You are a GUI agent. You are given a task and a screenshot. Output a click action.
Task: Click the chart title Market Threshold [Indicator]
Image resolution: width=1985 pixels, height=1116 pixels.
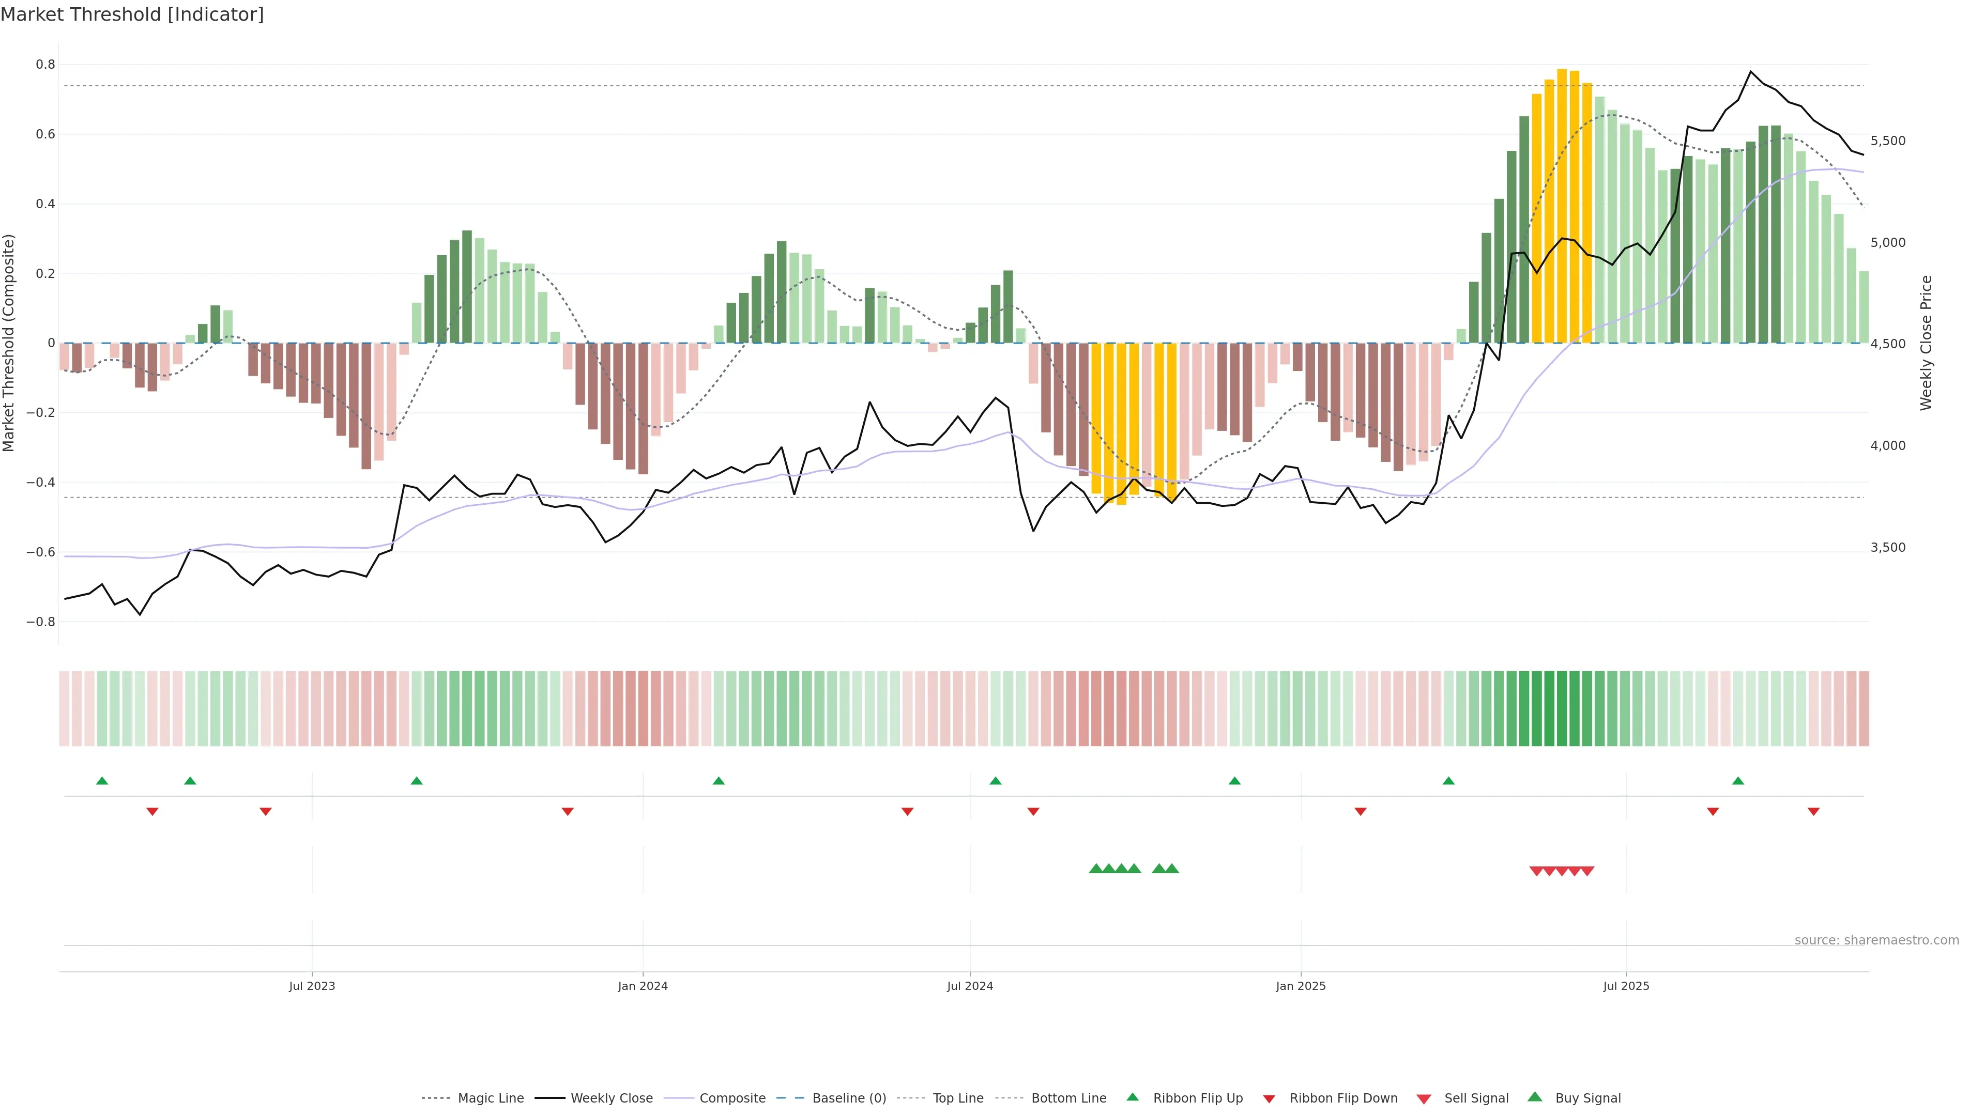click(x=132, y=14)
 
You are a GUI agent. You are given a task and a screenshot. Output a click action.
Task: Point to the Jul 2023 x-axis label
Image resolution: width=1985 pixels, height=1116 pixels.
click(x=312, y=986)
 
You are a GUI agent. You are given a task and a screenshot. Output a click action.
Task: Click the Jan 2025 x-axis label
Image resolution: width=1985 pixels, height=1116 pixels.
click(x=1301, y=986)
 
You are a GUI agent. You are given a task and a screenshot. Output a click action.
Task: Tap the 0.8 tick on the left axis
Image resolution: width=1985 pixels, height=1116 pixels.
click(x=45, y=65)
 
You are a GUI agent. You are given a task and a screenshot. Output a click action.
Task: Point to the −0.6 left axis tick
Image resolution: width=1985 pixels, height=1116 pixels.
click(x=41, y=552)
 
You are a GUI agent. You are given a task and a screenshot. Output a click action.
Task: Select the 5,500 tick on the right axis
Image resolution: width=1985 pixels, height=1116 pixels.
click(x=1887, y=141)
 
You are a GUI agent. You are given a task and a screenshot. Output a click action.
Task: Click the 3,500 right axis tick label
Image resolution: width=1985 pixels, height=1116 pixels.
click(x=1887, y=548)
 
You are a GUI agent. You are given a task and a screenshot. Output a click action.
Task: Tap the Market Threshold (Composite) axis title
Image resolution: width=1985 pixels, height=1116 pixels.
click(x=9, y=343)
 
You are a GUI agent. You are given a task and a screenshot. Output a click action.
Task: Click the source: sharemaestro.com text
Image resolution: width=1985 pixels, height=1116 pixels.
click(x=1876, y=940)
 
